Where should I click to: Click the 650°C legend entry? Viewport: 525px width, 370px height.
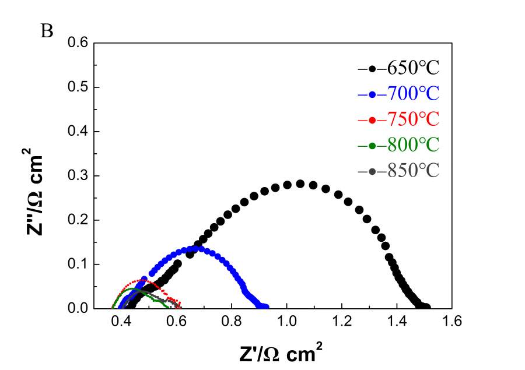398,69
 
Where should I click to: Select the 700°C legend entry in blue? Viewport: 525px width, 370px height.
398,94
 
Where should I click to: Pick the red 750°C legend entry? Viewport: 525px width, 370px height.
398,119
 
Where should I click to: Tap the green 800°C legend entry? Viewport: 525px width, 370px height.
398,145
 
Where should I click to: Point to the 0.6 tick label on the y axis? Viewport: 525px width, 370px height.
78,43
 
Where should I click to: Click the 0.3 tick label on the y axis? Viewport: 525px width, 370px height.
78,175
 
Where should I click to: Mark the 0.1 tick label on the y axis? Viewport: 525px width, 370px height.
78,264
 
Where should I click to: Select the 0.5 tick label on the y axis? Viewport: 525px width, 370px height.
78,87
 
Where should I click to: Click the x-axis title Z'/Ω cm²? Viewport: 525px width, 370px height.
281,353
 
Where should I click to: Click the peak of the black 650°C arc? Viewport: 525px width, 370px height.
300,184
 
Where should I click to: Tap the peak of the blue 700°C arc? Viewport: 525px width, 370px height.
199,249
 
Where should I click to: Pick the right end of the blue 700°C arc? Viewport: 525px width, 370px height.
266,307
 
